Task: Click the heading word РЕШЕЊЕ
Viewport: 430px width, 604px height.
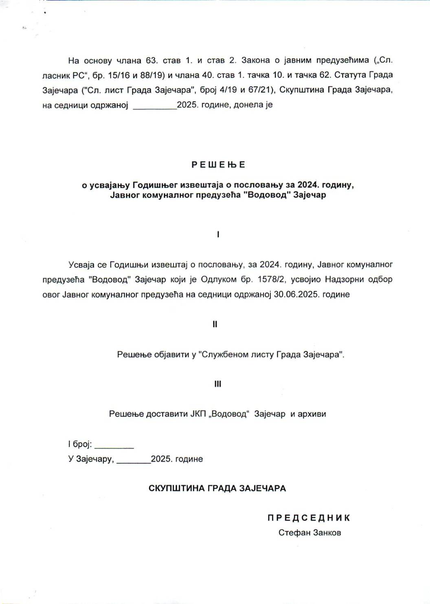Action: [218, 165]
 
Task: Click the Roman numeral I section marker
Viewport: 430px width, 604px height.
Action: [218, 234]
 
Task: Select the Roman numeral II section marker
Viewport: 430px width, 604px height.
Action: [215, 324]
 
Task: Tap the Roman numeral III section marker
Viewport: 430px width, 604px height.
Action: [217, 384]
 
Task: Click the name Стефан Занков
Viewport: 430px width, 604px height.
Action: [309, 532]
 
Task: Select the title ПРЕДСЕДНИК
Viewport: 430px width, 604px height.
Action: [309, 518]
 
